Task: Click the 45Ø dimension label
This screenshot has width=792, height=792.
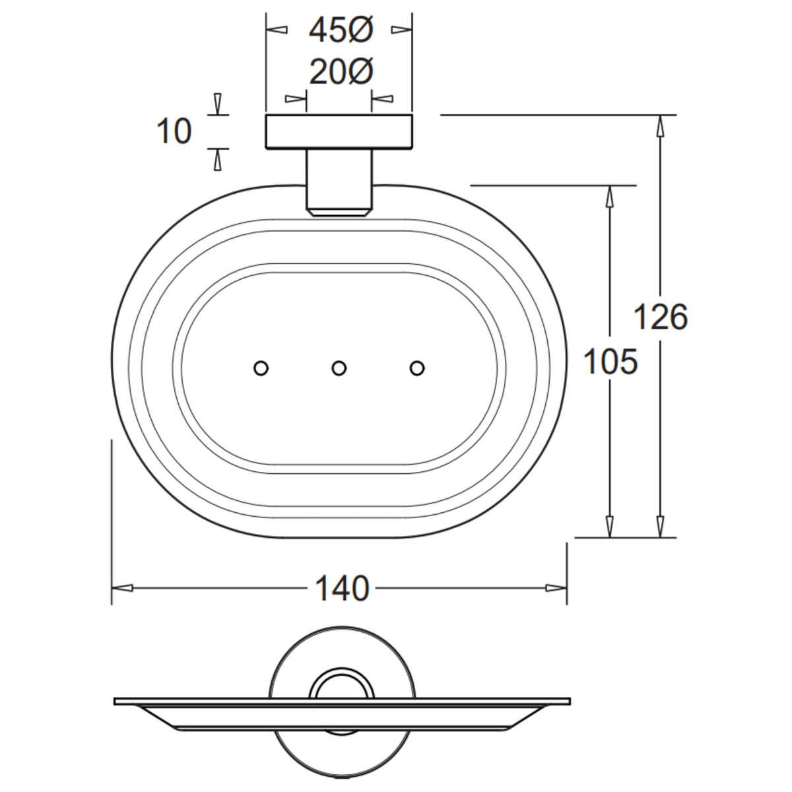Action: coord(341,31)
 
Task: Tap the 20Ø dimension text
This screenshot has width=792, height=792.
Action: coord(341,72)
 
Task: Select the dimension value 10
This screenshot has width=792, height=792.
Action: coord(174,131)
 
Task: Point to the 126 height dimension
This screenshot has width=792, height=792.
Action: coord(661,317)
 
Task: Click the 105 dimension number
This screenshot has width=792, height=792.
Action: coord(610,362)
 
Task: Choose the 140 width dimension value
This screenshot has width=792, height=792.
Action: coord(342,588)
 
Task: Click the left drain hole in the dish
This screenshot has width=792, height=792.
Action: coord(261,368)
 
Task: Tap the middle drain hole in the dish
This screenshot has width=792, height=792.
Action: coord(339,368)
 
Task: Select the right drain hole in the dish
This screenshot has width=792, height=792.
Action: coord(417,368)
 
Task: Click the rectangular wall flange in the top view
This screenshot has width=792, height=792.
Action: coord(339,131)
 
